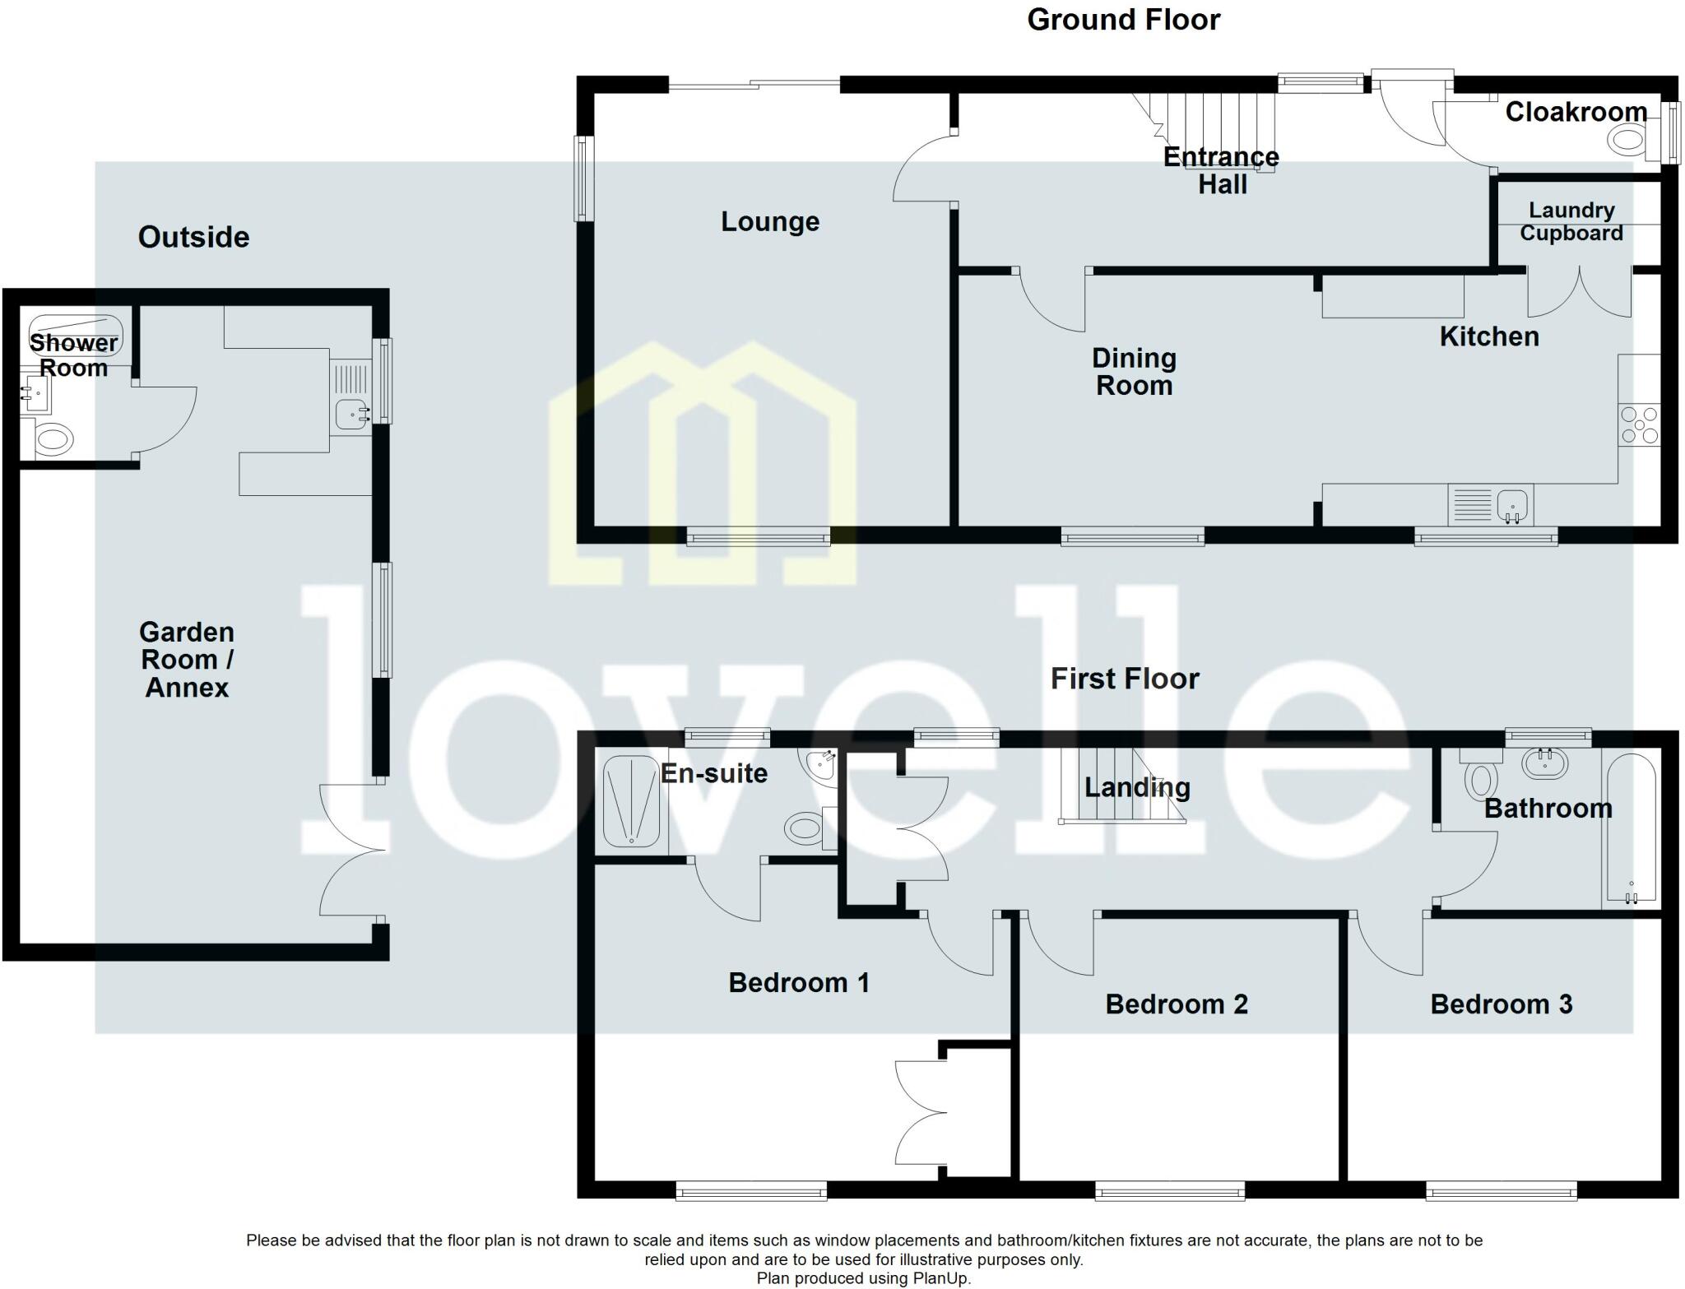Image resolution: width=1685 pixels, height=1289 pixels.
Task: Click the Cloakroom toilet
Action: [1628, 140]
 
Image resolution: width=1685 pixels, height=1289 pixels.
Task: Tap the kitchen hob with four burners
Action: [1639, 426]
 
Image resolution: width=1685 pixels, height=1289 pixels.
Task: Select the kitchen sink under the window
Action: [1512, 504]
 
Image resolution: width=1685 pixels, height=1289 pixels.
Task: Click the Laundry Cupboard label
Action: [1571, 221]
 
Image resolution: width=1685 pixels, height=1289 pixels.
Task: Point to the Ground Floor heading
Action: [1123, 19]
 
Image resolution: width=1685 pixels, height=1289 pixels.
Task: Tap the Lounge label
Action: [770, 221]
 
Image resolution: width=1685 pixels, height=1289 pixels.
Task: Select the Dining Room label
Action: [1134, 371]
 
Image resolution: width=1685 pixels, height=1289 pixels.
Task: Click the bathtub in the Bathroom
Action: [1630, 828]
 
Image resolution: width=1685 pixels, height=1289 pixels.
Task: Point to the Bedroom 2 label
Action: [1176, 1004]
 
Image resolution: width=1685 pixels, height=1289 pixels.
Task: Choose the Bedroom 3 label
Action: [1501, 1004]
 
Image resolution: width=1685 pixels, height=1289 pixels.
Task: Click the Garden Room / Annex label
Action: [187, 659]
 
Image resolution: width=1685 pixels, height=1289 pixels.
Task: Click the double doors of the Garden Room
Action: [350, 850]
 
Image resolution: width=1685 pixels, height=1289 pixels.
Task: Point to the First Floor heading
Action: [1125, 679]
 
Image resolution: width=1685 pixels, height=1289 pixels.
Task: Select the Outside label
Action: [193, 237]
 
